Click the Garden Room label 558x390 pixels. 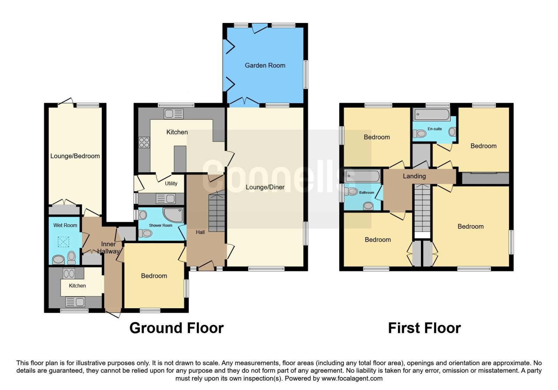pyautogui.click(x=265, y=65)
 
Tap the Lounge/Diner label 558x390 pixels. pyautogui.click(x=265, y=187)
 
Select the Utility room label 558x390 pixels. pyautogui.click(x=171, y=184)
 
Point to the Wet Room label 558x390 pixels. pyautogui.click(x=65, y=225)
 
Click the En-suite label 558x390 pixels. pyautogui.click(x=435, y=129)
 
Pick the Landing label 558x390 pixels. pyautogui.click(x=414, y=176)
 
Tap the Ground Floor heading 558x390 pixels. pyautogui.click(x=176, y=328)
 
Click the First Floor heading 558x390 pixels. pyautogui.click(x=424, y=328)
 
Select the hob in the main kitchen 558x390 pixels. pyautogui.click(x=144, y=142)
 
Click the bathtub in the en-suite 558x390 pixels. pyautogui.click(x=431, y=115)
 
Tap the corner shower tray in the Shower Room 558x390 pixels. pyautogui.click(x=173, y=215)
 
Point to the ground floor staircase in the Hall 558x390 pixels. pyautogui.click(x=217, y=211)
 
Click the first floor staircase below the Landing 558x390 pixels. pyautogui.click(x=422, y=209)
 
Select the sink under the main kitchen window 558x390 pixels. pyautogui.click(x=174, y=114)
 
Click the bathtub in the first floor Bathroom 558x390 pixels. pyautogui.click(x=363, y=176)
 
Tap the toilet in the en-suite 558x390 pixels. pyautogui.click(x=420, y=134)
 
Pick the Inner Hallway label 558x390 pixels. pyautogui.click(x=108, y=248)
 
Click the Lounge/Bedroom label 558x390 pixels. pyautogui.click(x=75, y=156)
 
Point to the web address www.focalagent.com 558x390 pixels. pyautogui.click(x=352, y=378)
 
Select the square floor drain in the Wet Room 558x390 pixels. pyautogui.click(x=63, y=242)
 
